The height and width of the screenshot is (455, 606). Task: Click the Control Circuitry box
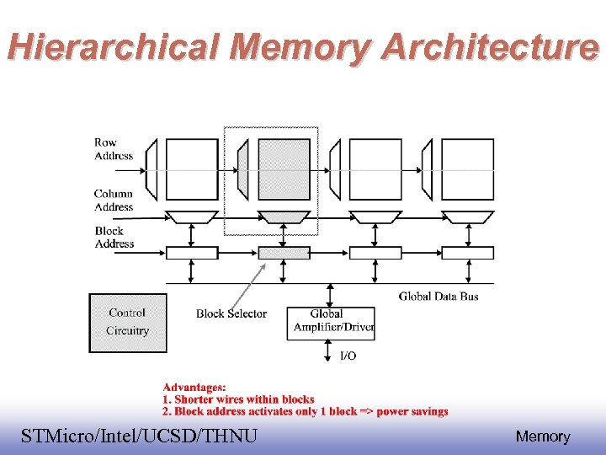click(128, 322)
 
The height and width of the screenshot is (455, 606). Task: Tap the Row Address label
click(113, 149)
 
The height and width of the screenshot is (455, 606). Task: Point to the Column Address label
click(114, 200)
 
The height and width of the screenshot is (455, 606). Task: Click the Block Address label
click(114, 237)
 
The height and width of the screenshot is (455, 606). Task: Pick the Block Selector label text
click(231, 313)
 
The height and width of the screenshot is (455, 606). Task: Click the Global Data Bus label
click(439, 296)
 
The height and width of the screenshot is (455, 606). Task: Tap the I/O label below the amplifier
click(348, 356)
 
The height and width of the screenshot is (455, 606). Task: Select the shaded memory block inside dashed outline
click(284, 169)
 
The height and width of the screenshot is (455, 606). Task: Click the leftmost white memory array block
click(192, 169)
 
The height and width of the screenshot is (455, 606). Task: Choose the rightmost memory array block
click(467, 169)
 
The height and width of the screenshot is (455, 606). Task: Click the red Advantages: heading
click(194, 386)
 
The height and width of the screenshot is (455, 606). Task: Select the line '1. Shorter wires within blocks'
click(238, 399)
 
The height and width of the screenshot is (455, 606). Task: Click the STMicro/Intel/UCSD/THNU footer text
click(140, 436)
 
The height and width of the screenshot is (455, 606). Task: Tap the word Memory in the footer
click(543, 436)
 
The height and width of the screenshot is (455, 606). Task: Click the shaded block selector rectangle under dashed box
click(284, 252)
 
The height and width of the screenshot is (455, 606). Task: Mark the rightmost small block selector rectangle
click(467, 252)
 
